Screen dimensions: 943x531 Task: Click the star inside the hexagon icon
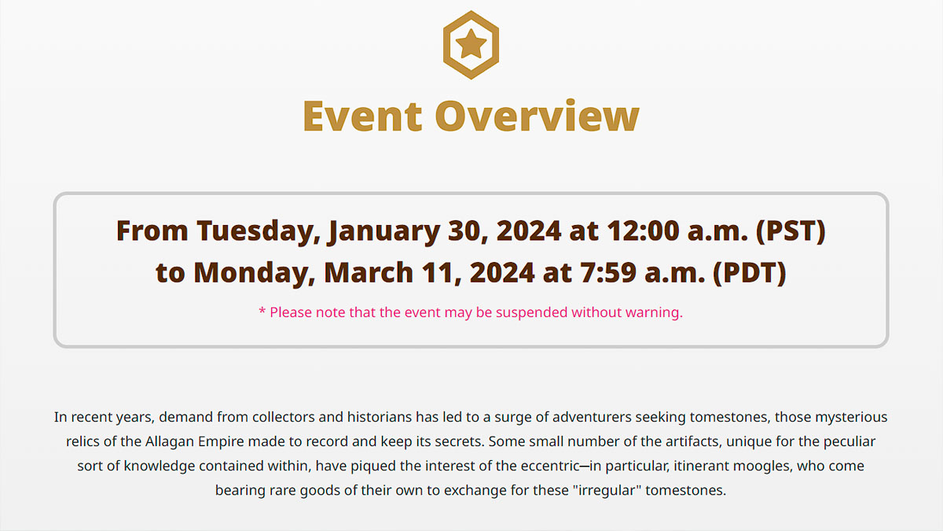point(471,43)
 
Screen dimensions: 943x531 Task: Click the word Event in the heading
point(362,116)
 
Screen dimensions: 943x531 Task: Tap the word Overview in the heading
point(538,116)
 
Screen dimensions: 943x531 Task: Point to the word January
point(384,232)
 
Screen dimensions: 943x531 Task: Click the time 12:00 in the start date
point(644,231)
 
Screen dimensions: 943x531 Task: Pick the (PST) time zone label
point(791,231)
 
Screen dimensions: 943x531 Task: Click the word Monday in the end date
point(255,273)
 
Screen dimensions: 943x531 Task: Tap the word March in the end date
point(369,272)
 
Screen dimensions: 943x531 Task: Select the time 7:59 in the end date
point(608,272)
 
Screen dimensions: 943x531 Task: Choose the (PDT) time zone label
point(750,273)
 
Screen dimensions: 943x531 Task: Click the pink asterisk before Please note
point(262,311)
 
